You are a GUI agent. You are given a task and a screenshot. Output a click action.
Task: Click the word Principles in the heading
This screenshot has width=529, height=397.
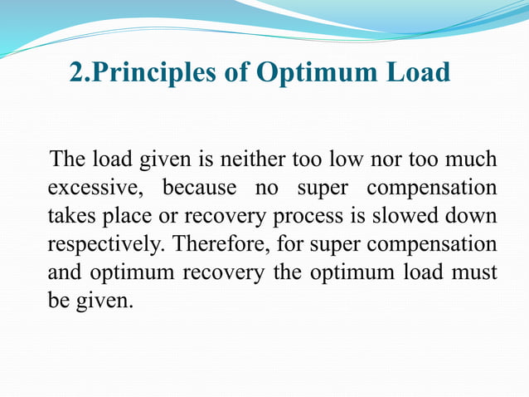point(149,73)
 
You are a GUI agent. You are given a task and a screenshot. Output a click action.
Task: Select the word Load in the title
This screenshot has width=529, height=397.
point(419,73)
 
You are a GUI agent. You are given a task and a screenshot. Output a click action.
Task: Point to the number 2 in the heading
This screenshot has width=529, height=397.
point(77,73)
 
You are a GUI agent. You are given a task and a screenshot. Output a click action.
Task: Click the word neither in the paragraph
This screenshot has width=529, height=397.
point(245,159)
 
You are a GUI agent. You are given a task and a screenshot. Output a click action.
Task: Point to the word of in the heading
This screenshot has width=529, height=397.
point(238,73)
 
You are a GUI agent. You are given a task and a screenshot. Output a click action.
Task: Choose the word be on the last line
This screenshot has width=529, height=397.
point(57,299)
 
